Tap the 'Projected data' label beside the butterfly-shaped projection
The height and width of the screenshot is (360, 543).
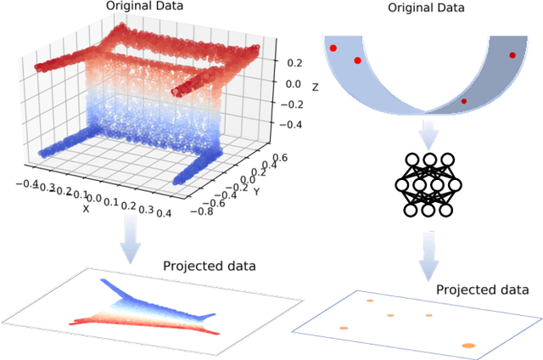coord(210,267)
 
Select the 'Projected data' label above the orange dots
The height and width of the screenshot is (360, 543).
coord(482,290)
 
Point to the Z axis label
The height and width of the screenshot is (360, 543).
coord(315,87)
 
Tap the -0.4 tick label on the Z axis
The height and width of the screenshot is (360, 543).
coord(292,124)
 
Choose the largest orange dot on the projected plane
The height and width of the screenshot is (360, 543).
coord(467,345)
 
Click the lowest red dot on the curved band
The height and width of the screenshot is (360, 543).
coord(463,101)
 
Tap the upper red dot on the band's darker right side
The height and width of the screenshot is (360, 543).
coord(512,55)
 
